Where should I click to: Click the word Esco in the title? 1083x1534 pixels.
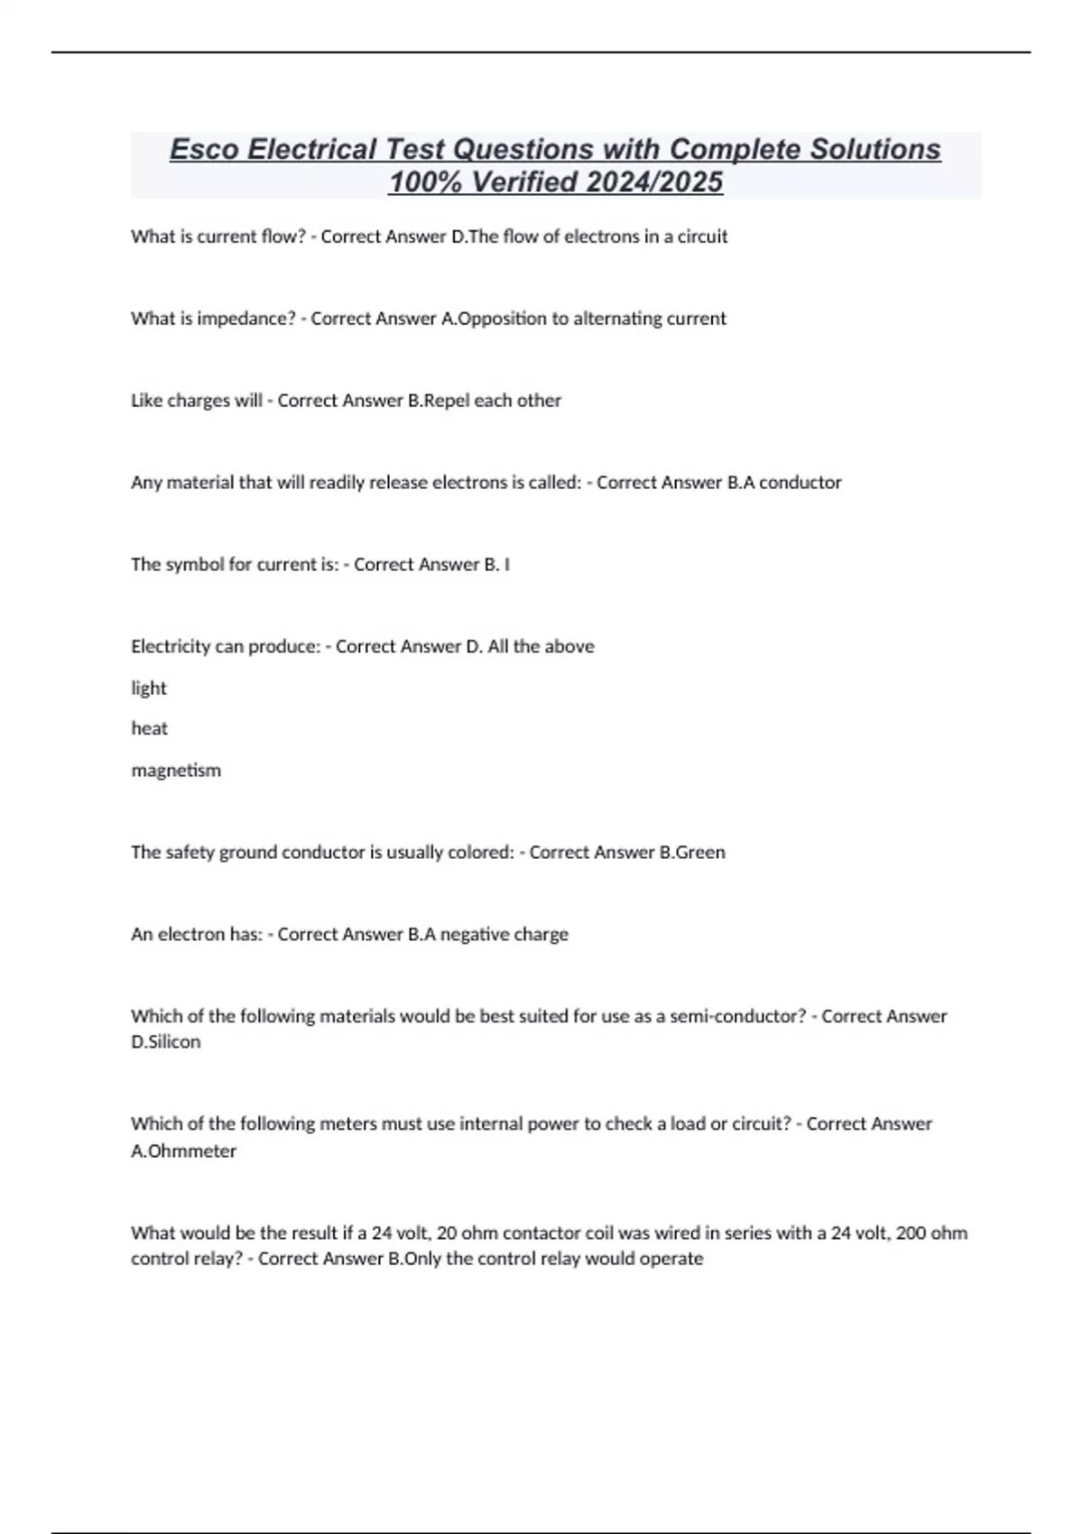[204, 149]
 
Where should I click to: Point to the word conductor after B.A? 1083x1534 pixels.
[800, 483]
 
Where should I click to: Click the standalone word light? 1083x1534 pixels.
[149, 688]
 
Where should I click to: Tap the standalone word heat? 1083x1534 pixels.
[149, 728]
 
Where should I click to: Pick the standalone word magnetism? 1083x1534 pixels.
[176, 771]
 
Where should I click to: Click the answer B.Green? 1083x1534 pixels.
[692, 853]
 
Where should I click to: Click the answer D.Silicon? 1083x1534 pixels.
[166, 1042]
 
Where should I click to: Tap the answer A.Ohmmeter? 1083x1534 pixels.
[183, 1151]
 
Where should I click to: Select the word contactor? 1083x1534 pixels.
[541, 1234]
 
